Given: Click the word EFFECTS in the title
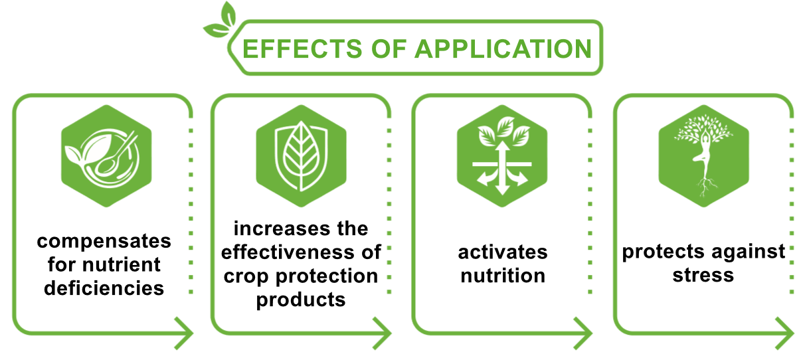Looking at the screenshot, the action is point(302,49).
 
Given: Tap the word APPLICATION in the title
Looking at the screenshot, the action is point(503,49).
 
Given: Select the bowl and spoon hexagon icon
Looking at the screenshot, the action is point(106,156).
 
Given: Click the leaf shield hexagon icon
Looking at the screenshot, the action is point(301,156).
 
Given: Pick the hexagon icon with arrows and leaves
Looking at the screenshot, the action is point(502,156).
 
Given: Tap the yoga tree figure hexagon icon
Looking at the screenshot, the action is point(703,156).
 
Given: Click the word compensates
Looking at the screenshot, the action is point(104,241).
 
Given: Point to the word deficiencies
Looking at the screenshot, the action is point(104,288).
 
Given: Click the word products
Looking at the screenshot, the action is point(301,300).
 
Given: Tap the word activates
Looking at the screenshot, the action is point(503,252).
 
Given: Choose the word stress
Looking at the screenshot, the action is point(703,276).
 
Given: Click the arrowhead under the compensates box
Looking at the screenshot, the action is point(185,333).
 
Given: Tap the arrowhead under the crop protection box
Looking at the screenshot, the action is point(383,333).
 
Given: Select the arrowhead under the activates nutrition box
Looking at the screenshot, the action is point(583,333).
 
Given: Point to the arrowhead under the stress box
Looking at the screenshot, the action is point(785,333).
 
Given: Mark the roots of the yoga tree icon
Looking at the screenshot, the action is point(705,187).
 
